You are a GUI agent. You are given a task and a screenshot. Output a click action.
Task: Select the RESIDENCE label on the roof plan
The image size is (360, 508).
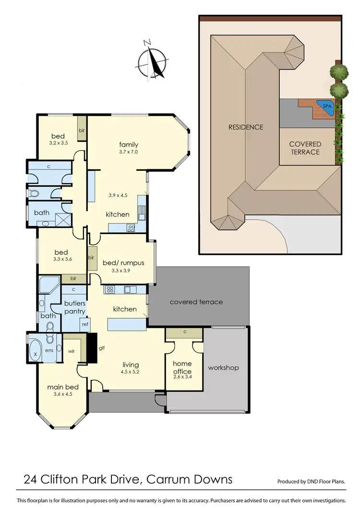(246, 127)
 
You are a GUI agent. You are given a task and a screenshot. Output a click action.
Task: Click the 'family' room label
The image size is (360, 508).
(129, 144)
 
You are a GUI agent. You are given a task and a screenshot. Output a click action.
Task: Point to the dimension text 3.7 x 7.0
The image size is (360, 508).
(129, 152)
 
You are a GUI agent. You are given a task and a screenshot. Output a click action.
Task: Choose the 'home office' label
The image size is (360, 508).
(182, 367)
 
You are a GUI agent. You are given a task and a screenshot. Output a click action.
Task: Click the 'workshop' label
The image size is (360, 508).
(223, 368)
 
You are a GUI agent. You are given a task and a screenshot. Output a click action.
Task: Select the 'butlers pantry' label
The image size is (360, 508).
(75, 307)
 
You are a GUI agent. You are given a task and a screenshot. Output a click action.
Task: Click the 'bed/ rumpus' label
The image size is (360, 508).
(123, 263)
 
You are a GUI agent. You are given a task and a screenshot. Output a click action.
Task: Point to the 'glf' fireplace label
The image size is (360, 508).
(102, 349)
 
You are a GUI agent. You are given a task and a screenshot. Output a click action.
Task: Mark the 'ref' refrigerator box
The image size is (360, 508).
(85, 325)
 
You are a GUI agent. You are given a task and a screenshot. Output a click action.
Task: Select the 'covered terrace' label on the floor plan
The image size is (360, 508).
(196, 302)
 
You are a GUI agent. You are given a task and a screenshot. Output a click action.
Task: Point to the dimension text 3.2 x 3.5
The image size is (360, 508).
(58, 143)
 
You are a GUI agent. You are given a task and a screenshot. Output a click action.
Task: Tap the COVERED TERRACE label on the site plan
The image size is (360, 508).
(305, 148)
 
